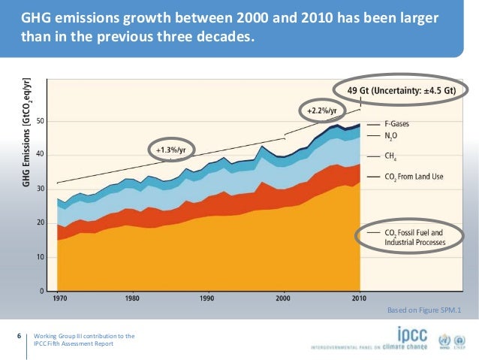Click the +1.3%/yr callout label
(170, 150)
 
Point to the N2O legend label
(390, 137)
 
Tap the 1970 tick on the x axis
(58, 298)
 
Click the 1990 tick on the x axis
(209, 298)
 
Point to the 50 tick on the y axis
(41, 121)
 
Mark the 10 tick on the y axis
(41, 257)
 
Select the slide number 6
(19, 335)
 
